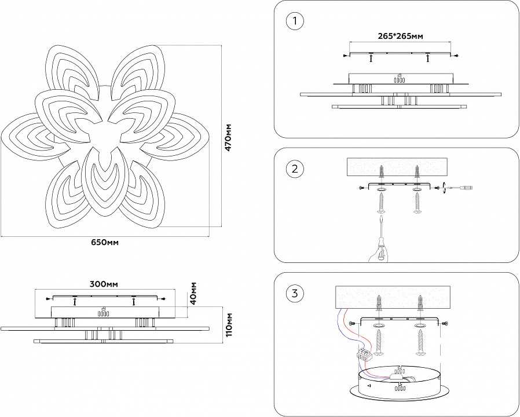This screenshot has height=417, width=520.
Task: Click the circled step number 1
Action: (295, 22)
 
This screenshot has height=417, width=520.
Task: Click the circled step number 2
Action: (295, 169)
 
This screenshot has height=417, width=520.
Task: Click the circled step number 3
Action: (295, 294)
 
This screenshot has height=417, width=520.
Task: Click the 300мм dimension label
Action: (104, 284)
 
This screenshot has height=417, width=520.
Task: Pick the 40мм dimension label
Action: (193, 293)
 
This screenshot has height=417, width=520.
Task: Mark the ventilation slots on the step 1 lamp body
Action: (399, 81)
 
